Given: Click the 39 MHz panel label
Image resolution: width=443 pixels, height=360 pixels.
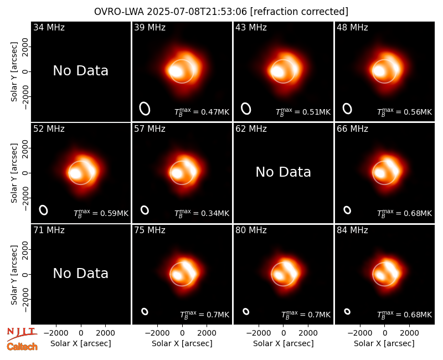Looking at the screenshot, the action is [150, 27].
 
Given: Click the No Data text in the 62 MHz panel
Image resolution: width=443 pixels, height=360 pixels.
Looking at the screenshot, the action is [283, 172].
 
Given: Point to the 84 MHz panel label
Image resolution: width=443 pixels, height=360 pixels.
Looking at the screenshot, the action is [352, 230].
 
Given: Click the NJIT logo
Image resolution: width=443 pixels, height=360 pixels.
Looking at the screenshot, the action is [22, 334].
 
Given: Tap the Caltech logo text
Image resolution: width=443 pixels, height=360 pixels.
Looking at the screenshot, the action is [22, 347].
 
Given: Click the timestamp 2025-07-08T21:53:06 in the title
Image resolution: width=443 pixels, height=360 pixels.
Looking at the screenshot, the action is [197, 12].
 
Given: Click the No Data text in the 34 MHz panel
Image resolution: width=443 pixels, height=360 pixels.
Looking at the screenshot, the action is [80, 71].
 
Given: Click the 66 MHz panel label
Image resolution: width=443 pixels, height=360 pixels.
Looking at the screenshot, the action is [352, 129].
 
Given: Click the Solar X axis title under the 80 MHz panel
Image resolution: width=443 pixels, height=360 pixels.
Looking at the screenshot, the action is [284, 343].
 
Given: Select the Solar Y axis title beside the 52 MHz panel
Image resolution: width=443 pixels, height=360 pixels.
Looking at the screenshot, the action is [14, 173].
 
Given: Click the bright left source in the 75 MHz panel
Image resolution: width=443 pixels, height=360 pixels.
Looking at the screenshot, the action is [177, 275].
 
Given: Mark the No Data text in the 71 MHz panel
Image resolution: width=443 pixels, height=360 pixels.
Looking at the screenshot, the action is [80, 274].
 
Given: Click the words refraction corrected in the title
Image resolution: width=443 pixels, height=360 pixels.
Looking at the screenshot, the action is [300, 12].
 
